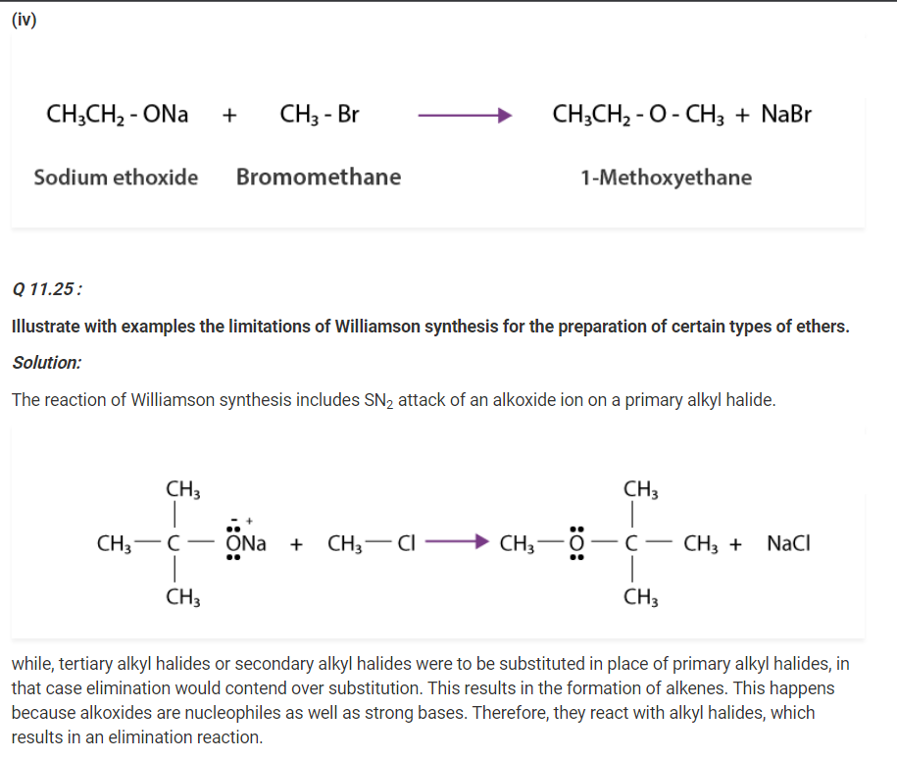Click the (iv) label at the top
point(24,20)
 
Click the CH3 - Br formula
point(320,115)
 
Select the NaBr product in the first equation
point(786,115)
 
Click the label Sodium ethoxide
point(116,177)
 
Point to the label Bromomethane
point(319,177)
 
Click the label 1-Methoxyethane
point(666,177)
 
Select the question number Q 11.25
point(46,289)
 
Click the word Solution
point(46,362)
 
